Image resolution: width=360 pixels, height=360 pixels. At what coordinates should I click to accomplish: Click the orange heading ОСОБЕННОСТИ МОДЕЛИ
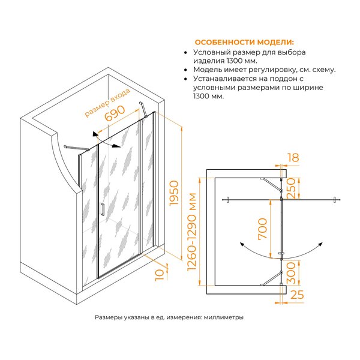point(244,42)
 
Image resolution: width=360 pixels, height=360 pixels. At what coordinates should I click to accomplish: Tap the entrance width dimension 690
point(115,113)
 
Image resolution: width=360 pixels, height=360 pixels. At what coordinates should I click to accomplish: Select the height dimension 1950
point(174,193)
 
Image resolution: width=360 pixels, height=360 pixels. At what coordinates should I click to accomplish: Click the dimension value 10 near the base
point(160,275)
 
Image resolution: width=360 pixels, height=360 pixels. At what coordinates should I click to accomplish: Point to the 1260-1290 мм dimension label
point(192,232)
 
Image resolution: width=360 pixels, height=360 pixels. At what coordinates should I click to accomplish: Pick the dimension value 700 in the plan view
point(263,229)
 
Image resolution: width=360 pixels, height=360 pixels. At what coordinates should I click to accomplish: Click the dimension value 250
point(290,188)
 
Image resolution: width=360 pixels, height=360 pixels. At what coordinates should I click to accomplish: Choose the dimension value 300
point(290,273)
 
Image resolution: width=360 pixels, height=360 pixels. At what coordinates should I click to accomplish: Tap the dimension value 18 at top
point(293,158)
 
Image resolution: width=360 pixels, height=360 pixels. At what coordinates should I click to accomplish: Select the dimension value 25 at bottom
point(297,295)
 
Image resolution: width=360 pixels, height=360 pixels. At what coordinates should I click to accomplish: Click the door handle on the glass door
point(103,209)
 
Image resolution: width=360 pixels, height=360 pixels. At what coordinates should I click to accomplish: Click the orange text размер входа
point(107,103)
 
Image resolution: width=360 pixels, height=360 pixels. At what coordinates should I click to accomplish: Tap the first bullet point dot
point(186,53)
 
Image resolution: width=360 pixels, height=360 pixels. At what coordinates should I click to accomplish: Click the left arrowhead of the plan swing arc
point(242,244)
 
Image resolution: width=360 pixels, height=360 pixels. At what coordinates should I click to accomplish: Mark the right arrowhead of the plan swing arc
point(320,244)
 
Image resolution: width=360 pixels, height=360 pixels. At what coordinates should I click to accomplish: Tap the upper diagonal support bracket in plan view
point(271,185)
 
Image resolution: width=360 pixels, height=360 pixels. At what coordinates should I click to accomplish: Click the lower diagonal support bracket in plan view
point(271,278)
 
